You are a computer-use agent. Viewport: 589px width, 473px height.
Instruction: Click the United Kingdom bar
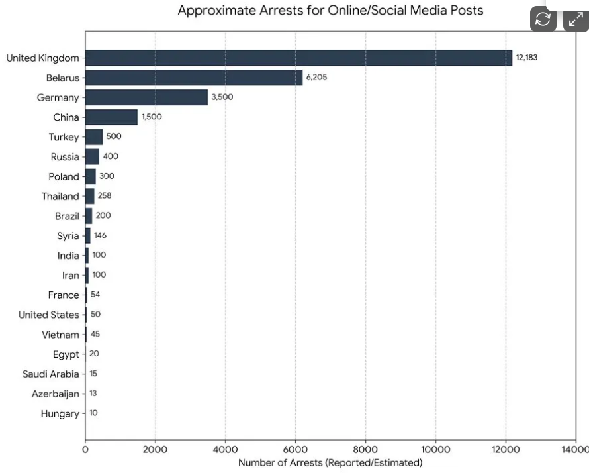click(298, 58)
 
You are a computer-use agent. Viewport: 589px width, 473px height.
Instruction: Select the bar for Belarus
click(194, 78)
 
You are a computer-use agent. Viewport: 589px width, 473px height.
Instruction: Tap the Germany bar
click(146, 97)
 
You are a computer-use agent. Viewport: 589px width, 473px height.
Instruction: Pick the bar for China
click(111, 117)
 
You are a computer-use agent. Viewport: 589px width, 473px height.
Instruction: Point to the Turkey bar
click(94, 137)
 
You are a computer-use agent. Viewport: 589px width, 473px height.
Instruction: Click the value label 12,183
click(527, 58)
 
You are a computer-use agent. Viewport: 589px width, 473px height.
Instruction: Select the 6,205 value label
click(316, 78)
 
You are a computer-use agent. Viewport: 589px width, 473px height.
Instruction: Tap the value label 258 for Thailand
click(105, 196)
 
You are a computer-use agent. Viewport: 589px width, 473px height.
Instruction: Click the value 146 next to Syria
click(100, 235)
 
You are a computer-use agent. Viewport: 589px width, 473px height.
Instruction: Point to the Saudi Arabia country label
click(50, 374)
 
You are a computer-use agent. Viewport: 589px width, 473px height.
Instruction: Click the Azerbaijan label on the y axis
click(55, 394)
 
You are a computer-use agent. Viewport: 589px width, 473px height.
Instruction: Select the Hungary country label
click(60, 414)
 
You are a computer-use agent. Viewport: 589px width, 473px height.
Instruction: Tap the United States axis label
click(48, 315)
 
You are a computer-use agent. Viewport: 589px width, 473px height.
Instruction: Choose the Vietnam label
click(60, 335)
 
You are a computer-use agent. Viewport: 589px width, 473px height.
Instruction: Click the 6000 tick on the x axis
click(295, 450)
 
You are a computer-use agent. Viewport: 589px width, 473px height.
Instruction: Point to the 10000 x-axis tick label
click(435, 450)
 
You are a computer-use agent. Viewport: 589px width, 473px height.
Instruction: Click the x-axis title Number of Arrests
click(330, 463)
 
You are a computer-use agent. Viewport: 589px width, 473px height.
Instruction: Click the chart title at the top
click(330, 11)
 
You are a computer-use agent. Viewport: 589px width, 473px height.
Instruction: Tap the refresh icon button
click(543, 19)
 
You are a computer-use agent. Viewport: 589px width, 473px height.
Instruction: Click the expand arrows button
click(576, 19)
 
